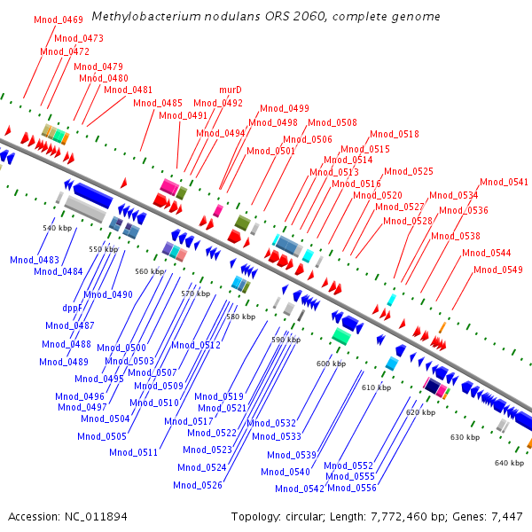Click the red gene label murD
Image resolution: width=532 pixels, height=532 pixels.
[x=231, y=90]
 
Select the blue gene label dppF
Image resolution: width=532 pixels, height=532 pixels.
[x=73, y=308]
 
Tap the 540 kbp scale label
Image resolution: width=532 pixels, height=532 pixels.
[x=58, y=228]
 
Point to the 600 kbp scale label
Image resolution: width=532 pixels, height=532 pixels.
[x=331, y=364]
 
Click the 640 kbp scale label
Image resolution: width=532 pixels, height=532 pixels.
[x=509, y=463]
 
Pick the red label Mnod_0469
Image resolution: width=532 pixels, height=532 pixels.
[x=59, y=20]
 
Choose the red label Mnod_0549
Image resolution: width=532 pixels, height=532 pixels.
[x=498, y=270]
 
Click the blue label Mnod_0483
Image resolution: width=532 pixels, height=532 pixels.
[x=35, y=260]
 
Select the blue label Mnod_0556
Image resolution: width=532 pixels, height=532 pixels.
[x=352, y=488]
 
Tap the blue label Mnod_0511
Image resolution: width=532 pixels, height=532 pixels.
[x=134, y=452]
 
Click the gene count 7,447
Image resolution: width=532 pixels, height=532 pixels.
[x=507, y=517]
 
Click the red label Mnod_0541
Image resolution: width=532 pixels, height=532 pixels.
[x=505, y=182]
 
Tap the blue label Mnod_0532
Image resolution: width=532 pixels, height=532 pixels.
[x=271, y=423]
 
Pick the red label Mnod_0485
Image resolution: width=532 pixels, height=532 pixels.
[x=158, y=103]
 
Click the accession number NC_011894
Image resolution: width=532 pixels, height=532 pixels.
[x=96, y=517]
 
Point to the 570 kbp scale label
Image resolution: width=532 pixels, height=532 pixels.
[x=196, y=293]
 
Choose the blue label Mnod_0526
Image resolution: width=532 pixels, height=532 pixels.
[x=198, y=485]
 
